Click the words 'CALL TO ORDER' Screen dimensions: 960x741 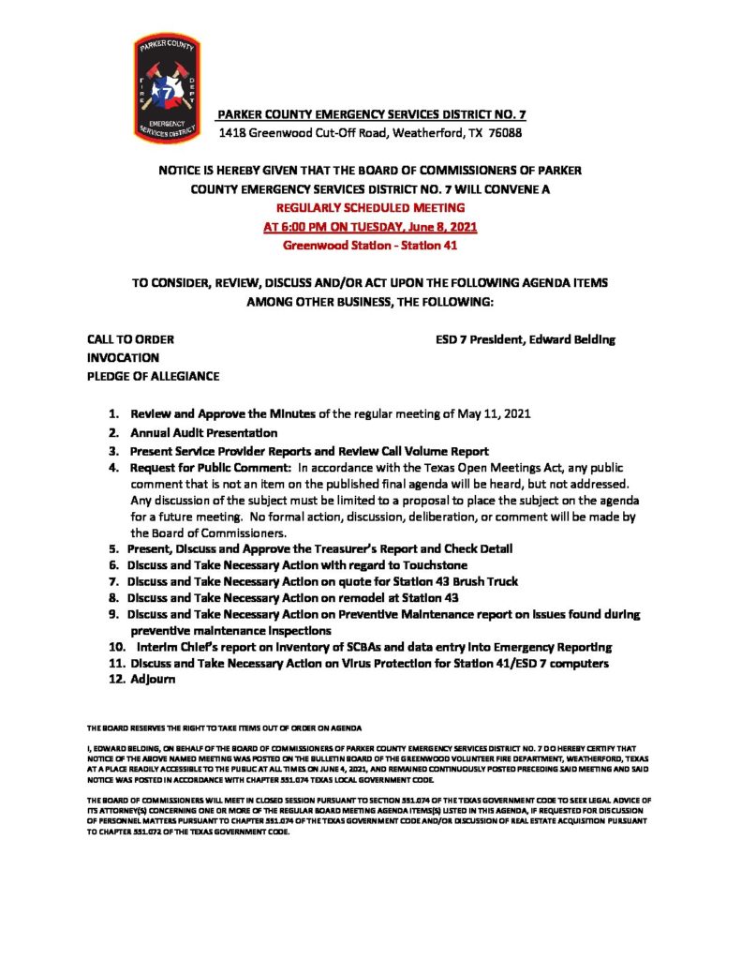[130, 339]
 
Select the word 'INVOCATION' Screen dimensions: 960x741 [123, 358]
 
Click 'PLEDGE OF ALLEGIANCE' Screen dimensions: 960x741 [153, 376]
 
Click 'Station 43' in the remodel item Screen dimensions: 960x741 [427, 597]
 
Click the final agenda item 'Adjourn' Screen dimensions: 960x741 [155, 680]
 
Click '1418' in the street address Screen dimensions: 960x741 [233, 133]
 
